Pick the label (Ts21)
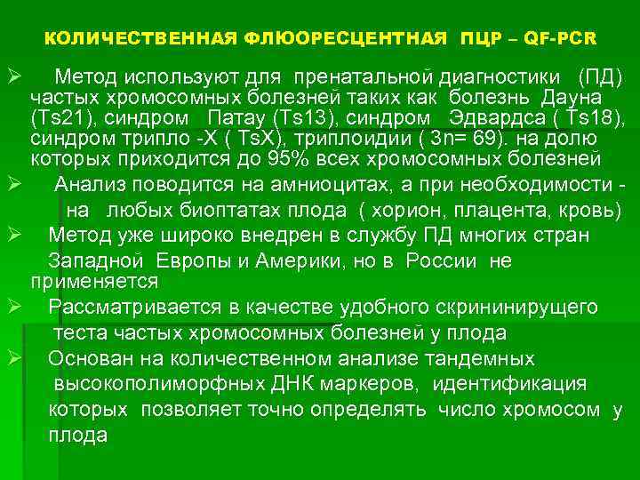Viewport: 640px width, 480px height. [x=60, y=118]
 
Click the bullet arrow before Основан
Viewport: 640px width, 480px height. [x=15, y=358]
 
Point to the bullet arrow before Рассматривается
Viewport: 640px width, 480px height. [x=15, y=307]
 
